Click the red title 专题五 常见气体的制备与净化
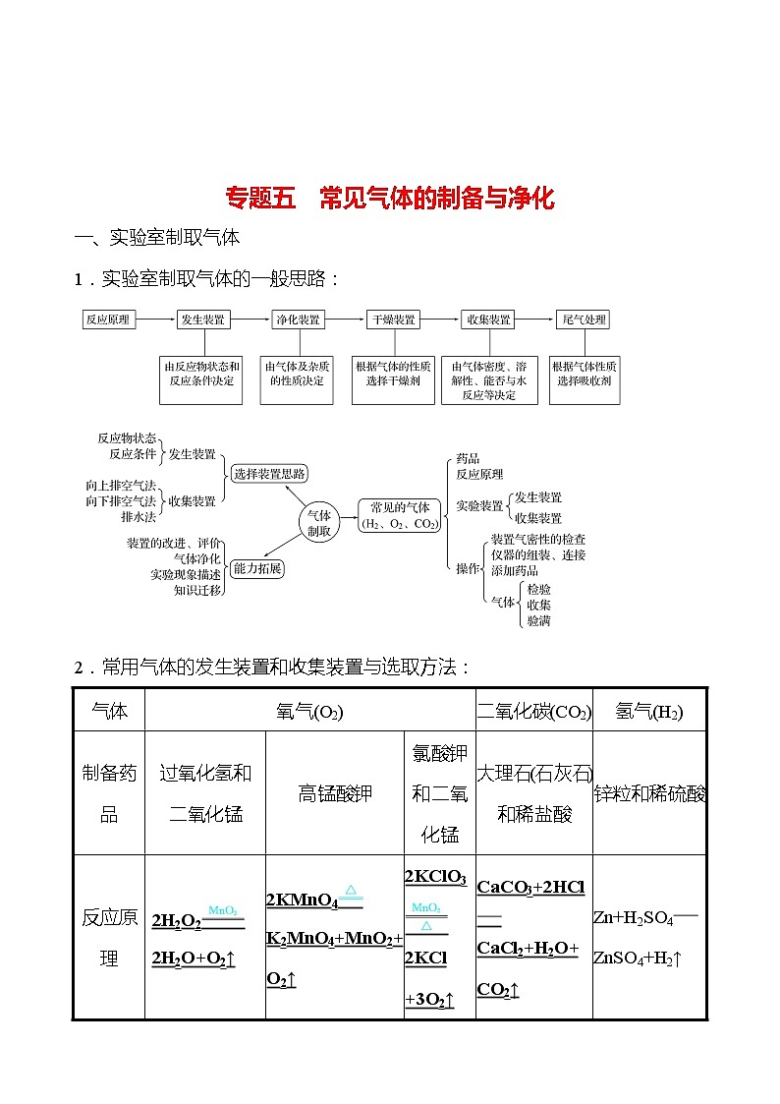390,199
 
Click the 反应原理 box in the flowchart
107,320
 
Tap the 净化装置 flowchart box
298,320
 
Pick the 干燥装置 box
393,320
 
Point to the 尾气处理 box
584,320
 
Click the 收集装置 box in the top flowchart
488,320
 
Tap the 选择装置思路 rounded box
269,473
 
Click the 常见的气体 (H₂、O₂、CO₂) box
399,515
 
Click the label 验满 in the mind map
538,620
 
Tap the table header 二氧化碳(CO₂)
533,711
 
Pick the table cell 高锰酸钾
335,792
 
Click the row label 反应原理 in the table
109,938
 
